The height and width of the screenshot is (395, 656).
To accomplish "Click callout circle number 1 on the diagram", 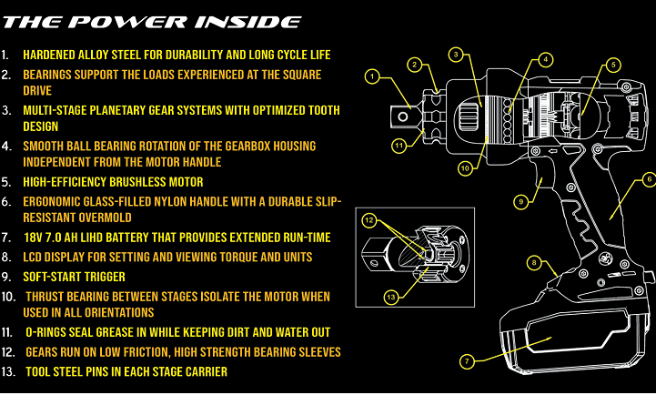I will click(371, 76).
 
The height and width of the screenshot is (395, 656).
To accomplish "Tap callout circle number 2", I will click(414, 64).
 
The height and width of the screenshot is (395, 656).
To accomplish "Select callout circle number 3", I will click(456, 55).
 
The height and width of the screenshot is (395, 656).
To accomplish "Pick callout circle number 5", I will click(613, 65).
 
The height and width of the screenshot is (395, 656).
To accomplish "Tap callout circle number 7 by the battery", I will click(466, 361).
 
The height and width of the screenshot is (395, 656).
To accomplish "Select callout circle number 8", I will click(535, 265).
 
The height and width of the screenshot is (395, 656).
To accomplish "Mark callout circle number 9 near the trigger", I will click(520, 200).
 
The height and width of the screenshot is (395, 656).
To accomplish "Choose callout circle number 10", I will click(465, 167).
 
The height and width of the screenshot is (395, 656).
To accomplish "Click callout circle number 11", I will click(399, 144).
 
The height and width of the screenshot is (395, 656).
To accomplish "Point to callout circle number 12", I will click(369, 221).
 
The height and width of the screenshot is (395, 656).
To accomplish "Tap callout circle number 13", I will click(392, 297).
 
